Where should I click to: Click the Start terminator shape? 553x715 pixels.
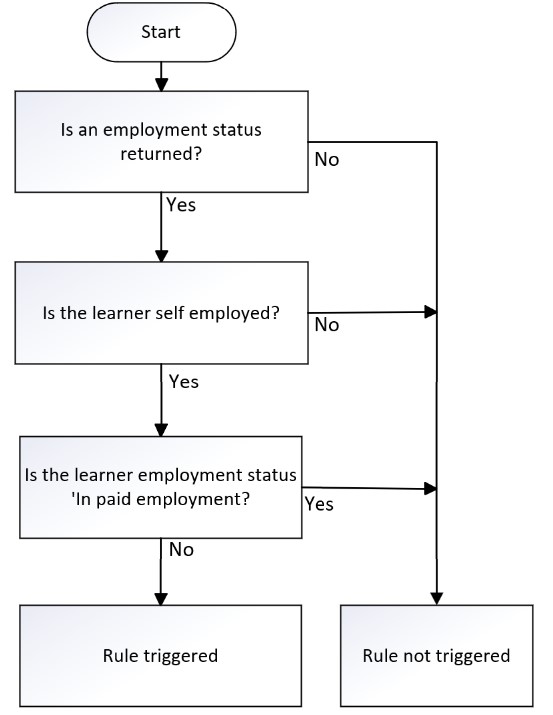pyautogui.click(x=161, y=32)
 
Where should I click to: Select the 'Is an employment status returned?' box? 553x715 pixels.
pyautogui.click(x=161, y=141)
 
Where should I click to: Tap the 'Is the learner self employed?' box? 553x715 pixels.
pyautogui.click(x=161, y=313)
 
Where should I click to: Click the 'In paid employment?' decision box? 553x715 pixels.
pyautogui.click(x=160, y=487)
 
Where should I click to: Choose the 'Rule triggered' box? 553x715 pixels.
pyautogui.click(x=160, y=656)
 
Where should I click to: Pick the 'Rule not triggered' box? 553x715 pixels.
pyautogui.click(x=436, y=656)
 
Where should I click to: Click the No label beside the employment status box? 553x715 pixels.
pyautogui.click(x=327, y=160)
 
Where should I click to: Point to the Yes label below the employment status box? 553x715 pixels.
pyautogui.click(x=181, y=205)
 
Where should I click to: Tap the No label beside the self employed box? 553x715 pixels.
pyautogui.click(x=327, y=325)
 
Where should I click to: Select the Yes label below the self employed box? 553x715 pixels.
pyautogui.click(x=184, y=382)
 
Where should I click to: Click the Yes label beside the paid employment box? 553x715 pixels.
pyautogui.click(x=319, y=504)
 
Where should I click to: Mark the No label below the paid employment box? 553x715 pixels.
pyautogui.click(x=181, y=549)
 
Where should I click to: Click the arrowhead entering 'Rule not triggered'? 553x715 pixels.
pyautogui.click(x=437, y=599)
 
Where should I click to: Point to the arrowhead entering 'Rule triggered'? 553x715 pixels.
pyautogui.click(x=161, y=599)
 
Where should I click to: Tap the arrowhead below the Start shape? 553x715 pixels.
pyautogui.click(x=161, y=85)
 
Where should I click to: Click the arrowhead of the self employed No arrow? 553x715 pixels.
pyautogui.click(x=431, y=312)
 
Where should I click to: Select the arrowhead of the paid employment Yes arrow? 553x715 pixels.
pyautogui.click(x=431, y=488)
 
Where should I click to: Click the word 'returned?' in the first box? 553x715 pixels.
pyautogui.click(x=161, y=154)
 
